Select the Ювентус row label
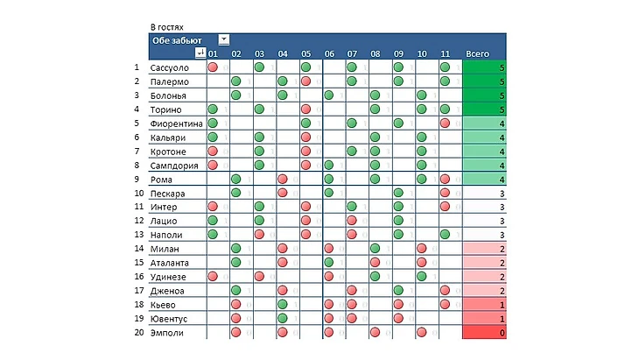tap(168, 319)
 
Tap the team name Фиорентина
tap(176, 124)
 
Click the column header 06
tap(329, 53)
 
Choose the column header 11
tap(445, 53)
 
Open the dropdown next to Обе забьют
tap(224, 39)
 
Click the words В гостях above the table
tap(167, 27)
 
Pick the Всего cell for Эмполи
tap(484, 333)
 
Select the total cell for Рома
tap(484, 180)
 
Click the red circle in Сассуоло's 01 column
tap(213, 67)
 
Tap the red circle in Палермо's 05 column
tap(305, 81)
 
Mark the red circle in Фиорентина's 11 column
tap(445, 124)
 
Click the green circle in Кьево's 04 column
tap(283, 305)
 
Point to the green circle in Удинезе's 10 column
tap(422, 277)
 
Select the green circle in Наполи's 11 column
tap(445, 235)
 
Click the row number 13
tap(137, 235)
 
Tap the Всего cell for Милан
tap(484, 249)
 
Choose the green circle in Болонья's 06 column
tap(329, 95)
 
